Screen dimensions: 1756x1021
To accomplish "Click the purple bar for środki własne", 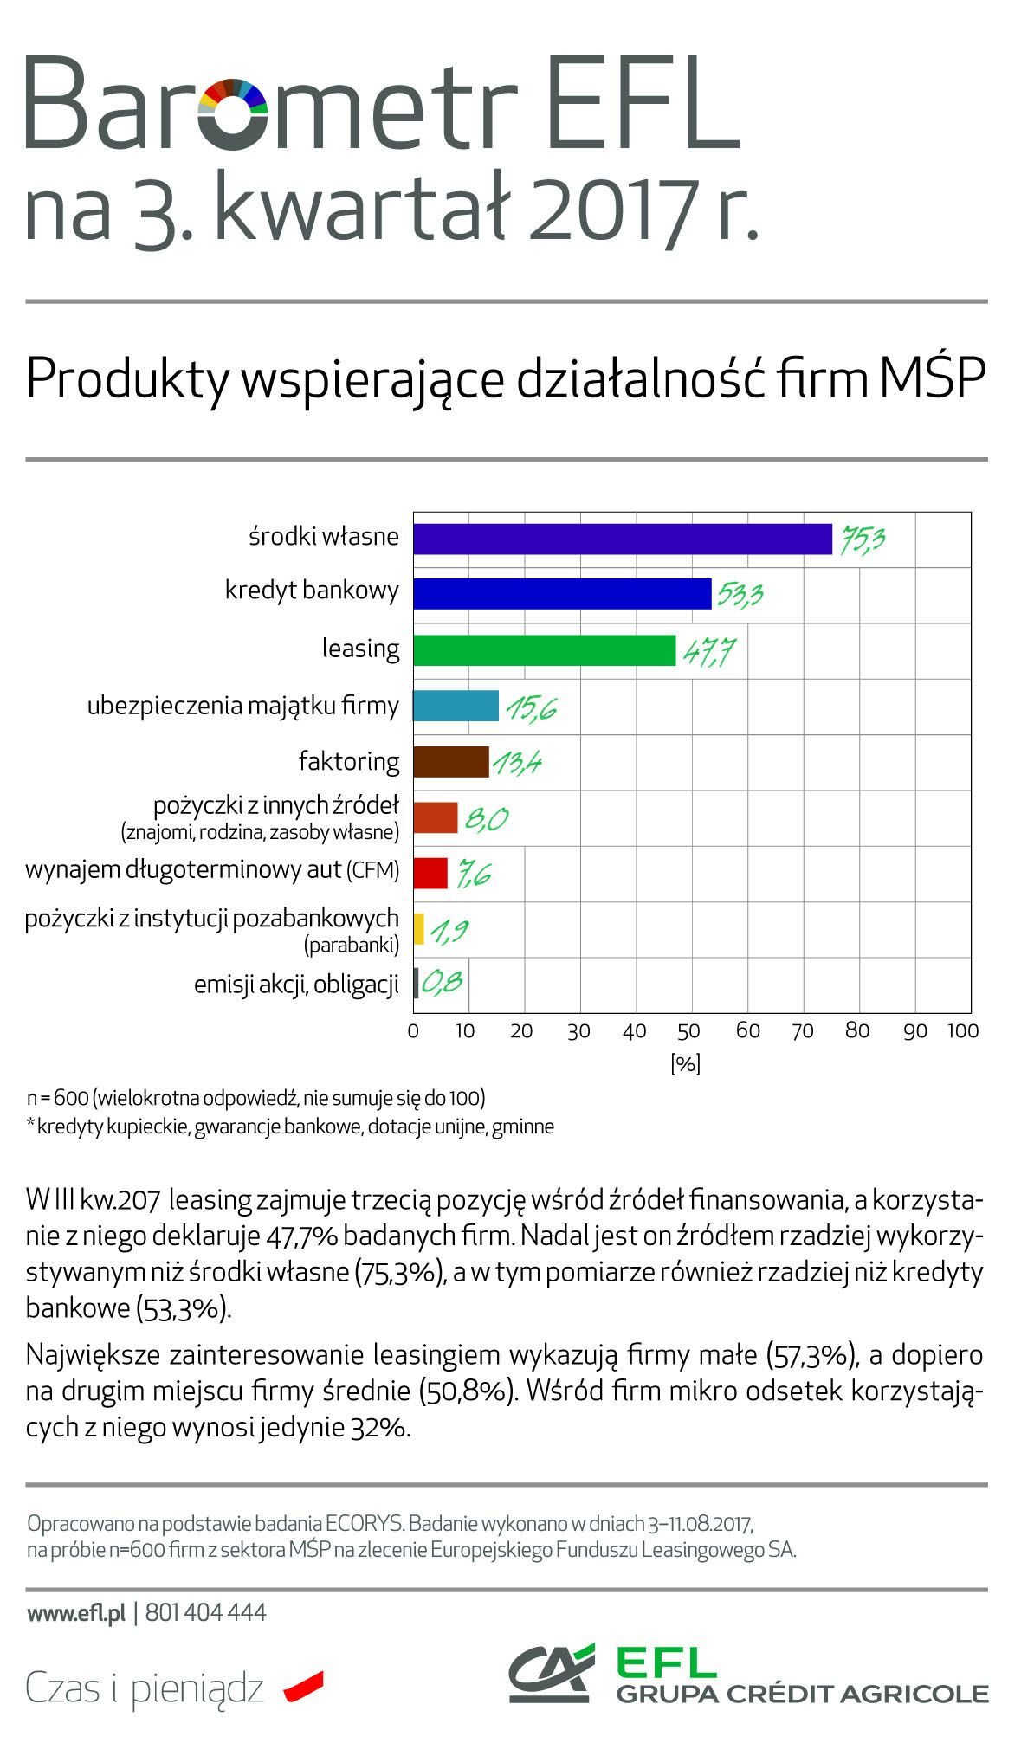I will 622,539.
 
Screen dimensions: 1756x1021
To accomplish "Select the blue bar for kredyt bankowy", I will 562,594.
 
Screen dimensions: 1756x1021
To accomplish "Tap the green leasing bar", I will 544,650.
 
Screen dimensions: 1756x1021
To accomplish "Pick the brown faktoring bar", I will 450,762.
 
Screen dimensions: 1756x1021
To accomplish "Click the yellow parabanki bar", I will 418,929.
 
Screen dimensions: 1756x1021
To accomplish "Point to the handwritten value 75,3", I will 859,539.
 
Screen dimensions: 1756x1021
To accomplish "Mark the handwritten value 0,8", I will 442,983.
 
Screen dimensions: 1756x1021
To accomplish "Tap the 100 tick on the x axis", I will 963,1031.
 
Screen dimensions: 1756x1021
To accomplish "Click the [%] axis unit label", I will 685,1064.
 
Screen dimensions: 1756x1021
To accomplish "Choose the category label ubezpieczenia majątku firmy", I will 243,707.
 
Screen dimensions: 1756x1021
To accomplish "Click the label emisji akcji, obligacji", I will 296,985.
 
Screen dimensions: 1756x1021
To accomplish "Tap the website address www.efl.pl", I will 76,1612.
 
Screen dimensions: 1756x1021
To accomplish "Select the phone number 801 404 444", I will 206,1612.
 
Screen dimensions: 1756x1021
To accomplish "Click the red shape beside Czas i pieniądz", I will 303,1687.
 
